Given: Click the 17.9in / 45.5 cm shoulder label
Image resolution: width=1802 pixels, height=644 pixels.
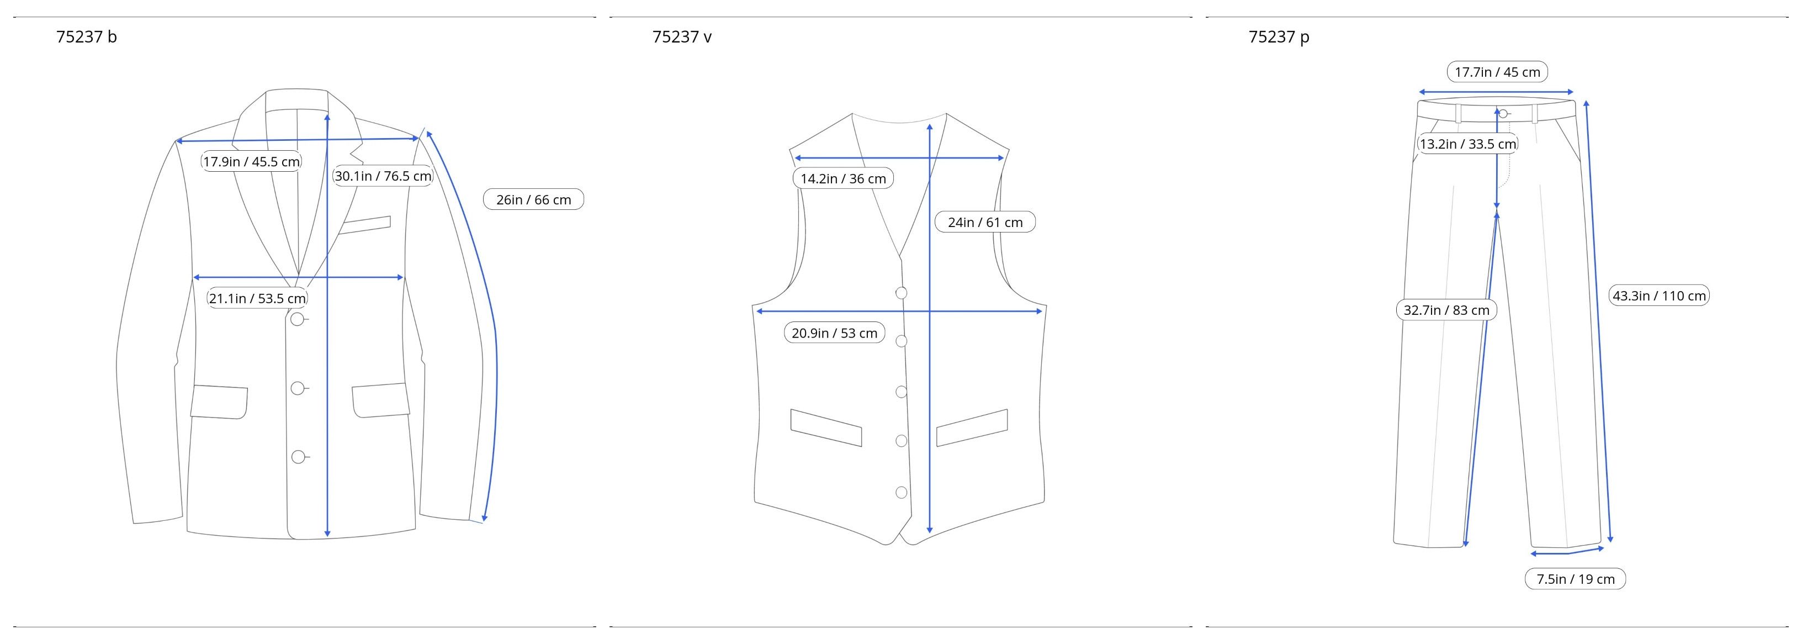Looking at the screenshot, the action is pos(251,162).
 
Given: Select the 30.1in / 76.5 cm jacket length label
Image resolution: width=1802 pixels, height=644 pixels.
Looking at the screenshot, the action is pos(383,176).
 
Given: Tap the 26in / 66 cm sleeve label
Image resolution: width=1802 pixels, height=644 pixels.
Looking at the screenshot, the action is pos(534,199).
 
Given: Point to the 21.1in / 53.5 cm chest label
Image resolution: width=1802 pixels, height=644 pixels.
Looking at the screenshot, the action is pos(257,298).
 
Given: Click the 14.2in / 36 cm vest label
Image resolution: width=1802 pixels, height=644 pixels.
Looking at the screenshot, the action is pos(843,178).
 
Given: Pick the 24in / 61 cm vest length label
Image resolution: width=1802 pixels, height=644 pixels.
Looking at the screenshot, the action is pos(985,222).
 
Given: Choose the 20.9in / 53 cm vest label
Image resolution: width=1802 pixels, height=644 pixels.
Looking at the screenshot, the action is pos(835,332).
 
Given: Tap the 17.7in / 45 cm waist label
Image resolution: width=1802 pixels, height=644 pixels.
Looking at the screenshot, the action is pos(1497,71).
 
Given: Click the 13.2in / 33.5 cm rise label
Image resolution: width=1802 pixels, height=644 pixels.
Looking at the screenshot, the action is pos(1467,144).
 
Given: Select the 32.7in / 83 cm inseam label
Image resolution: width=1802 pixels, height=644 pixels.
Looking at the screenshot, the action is pos(1446,310).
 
